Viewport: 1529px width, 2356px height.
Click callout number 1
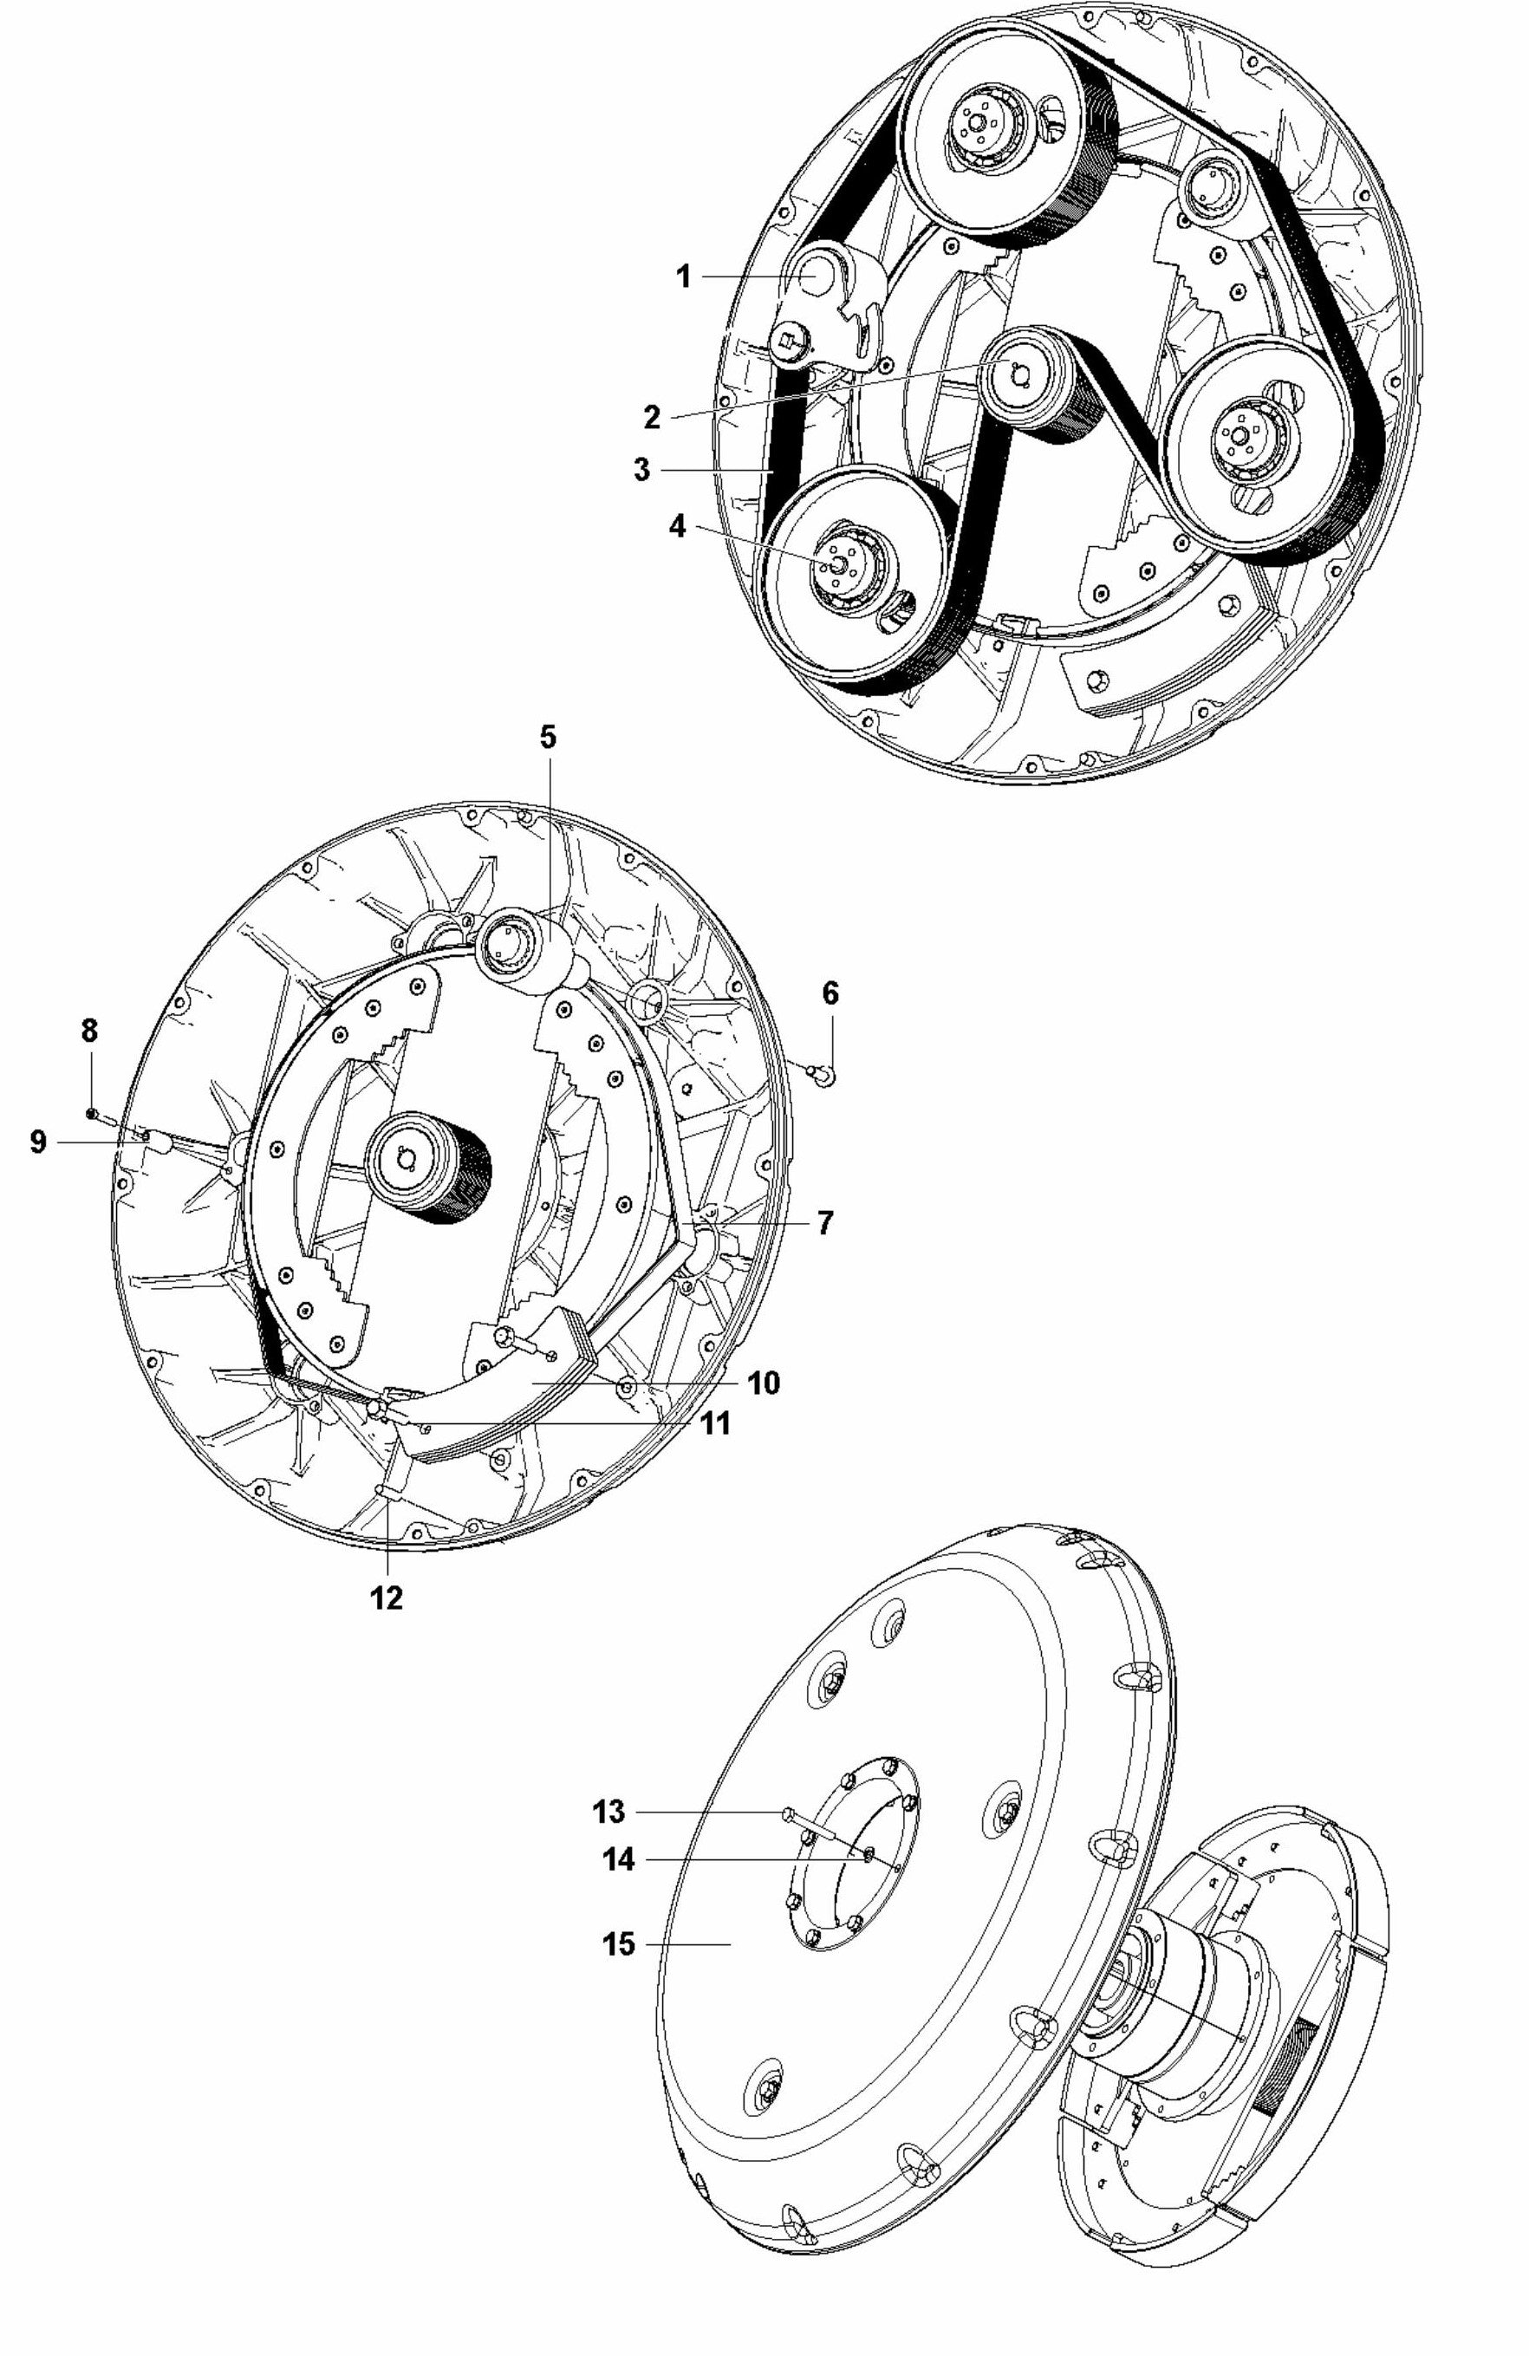(x=683, y=277)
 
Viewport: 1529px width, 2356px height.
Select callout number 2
(x=651, y=417)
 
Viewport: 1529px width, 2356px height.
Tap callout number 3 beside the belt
(x=642, y=468)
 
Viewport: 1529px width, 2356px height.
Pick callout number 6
(x=830, y=993)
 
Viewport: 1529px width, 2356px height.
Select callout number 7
(x=824, y=1221)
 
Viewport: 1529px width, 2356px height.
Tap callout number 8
(x=89, y=1031)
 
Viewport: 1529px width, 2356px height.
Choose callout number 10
(x=764, y=1382)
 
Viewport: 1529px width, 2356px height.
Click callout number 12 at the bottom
(x=386, y=1598)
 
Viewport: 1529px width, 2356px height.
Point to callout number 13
(x=609, y=1812)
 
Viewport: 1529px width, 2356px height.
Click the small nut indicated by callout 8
(x=90, y=1114)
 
